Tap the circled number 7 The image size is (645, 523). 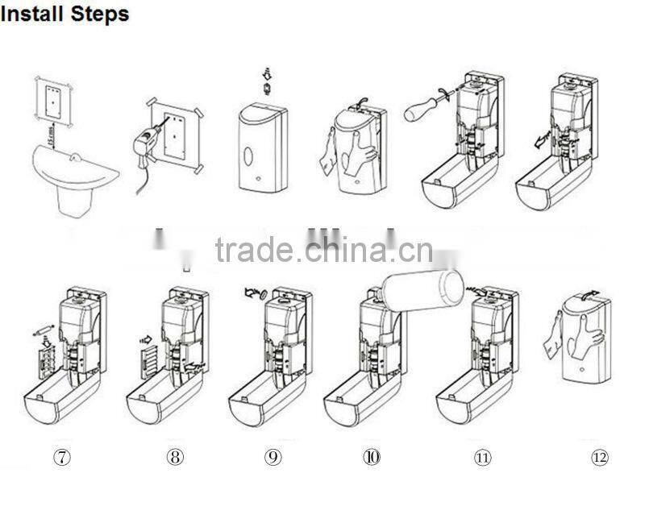(x=62, y=457)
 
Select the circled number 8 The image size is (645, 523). (x=175, y=457)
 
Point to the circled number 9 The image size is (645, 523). (x=273, y=457)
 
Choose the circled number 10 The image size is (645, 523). (x=372, y=457)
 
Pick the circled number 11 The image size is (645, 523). (x=482, y=458)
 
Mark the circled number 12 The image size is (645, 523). (x=599, y=458)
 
